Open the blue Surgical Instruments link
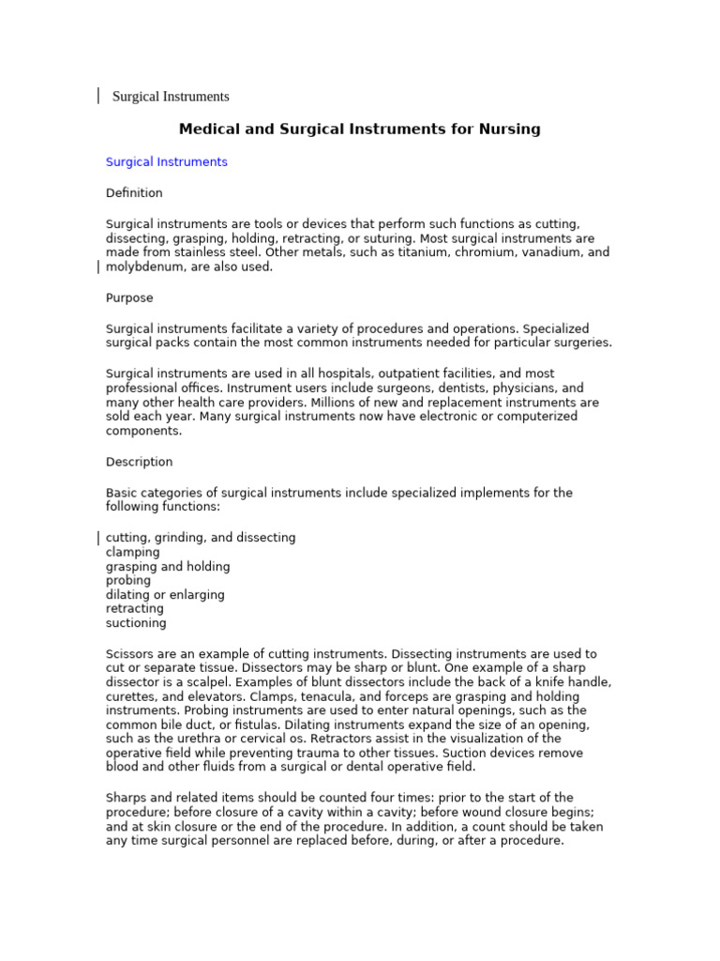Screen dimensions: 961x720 coord(166,162)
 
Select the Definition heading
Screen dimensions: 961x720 coord(134,193)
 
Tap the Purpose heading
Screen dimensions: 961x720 coord(128,298)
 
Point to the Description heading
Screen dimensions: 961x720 coord(139,463)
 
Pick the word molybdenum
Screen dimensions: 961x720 coord(147,267)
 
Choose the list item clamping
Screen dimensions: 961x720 coord(133,553)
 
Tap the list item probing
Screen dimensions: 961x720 coord(128,581)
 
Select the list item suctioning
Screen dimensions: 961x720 coord(136,623)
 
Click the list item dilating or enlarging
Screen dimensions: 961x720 coord(165,595)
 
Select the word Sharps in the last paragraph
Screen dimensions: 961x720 coord(127,799)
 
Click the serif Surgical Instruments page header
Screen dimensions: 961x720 coord(171,97)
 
